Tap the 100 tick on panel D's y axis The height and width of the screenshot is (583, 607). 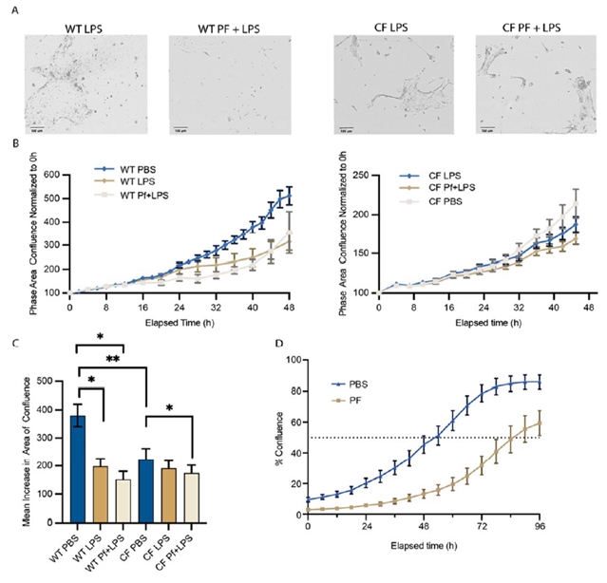pos(294,360)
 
